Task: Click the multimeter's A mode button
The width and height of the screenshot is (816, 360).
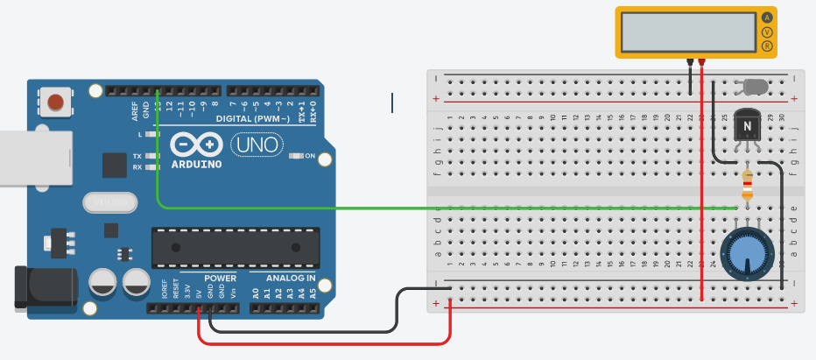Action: point(768,17)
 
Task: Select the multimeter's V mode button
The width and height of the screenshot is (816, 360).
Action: point(768,32)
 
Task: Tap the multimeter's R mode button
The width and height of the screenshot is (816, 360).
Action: point(768,46)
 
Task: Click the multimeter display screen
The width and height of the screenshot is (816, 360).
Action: point(688,32)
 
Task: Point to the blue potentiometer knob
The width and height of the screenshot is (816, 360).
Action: point(746,254)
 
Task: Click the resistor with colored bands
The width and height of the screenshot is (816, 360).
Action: point(747,185)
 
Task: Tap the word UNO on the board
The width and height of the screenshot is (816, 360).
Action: point(256,144)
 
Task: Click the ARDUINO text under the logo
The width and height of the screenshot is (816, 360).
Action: point(196,164)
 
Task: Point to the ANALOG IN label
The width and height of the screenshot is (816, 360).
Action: point(284,278)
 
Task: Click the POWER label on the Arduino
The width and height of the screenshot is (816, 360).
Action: point(220,278)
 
